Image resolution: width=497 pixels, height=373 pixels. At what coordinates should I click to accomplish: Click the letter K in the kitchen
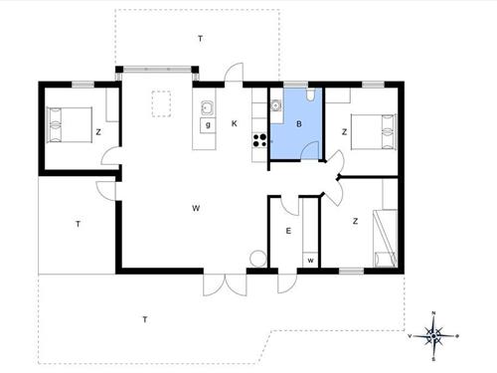tap(235, 123)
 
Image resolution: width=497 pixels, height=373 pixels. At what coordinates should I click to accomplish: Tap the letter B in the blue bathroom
tap(298, 124)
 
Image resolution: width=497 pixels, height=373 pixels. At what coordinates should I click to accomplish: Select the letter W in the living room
tap(198, 208)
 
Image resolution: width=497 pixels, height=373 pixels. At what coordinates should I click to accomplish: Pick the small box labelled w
tap(310, 260)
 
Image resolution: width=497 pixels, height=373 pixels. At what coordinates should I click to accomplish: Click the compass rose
tap(434, 335)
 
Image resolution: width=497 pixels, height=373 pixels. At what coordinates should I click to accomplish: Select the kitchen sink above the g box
tap(207, 107)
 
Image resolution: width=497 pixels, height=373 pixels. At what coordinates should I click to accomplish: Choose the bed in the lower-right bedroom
tap(382, 239)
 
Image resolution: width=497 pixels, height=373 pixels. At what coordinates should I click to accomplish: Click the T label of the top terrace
tap(200, 38)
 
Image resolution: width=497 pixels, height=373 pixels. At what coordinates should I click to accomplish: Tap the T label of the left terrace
tap(77, 225)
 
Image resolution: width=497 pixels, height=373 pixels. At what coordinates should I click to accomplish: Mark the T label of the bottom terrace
tap(145, 319)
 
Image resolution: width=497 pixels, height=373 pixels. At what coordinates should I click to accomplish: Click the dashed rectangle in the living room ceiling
tap(161, 103)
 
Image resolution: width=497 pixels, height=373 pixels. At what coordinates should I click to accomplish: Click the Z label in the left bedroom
tap(98, 131)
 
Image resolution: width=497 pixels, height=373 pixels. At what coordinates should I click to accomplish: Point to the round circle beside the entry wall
tap(258, 258)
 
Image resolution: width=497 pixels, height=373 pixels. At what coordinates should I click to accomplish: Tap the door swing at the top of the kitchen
tap(234, 74)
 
